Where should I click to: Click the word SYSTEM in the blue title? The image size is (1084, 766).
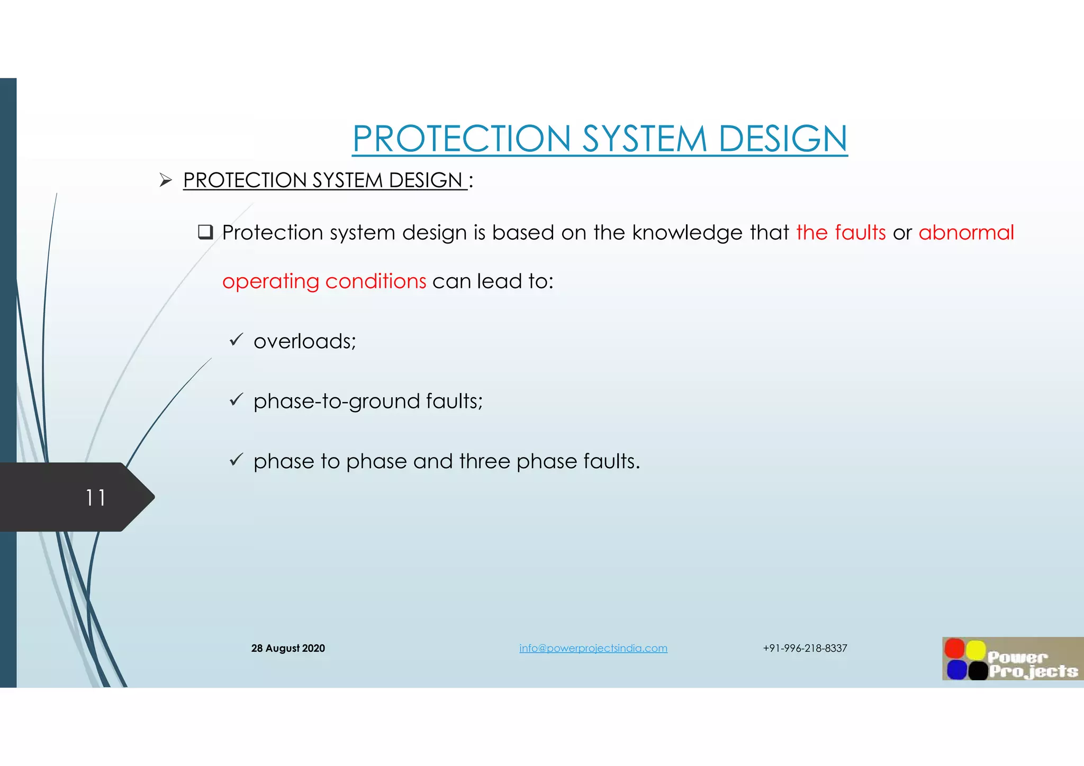pos(644,139)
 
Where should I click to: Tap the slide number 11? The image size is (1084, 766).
pos(96,498)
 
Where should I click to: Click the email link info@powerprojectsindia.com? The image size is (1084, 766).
pos(593,648)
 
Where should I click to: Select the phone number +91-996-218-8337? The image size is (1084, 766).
pos(805,648)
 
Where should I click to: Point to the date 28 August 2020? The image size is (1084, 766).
pos(288,648)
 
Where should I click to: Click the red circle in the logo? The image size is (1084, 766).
pos(955,649)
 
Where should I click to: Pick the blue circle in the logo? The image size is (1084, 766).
pos(956,670)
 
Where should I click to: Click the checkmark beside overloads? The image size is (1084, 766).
pos(236,339)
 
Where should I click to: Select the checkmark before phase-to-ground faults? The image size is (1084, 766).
pos(236,399)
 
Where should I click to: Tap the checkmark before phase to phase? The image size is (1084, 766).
pos(236,459)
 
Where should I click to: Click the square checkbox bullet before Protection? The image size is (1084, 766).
pos(205,232)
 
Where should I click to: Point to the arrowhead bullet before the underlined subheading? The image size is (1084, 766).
pos(166,180)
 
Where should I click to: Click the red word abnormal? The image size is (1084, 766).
pos(966,233)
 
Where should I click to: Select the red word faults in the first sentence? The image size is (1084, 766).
pos(860,233)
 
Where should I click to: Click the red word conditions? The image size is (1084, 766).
pos(375,281)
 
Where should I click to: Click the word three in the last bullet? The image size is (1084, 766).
pos(484,461)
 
